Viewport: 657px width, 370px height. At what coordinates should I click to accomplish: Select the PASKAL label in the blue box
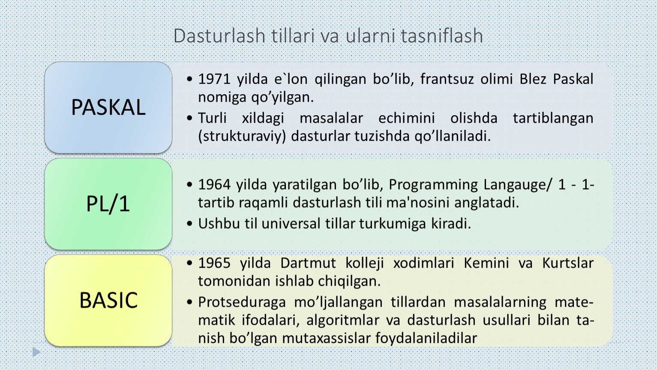[108, 107]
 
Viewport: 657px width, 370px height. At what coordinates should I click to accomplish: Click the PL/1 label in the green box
[108, 204]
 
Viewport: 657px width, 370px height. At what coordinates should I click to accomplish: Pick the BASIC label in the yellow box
[108, 300]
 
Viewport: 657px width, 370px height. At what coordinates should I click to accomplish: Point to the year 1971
[214, 79]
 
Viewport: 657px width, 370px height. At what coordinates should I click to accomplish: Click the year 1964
[214, 185]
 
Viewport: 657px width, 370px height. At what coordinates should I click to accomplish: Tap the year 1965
[215, 263]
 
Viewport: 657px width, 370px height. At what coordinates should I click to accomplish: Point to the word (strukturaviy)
[242, 136]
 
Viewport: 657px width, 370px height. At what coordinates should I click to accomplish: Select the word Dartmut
[308, 263]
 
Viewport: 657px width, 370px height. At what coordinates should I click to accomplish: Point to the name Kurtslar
[568, 263]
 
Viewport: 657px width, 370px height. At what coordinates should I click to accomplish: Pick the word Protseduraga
[242, 303]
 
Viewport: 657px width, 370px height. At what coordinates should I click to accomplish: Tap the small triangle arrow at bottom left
[36, 352]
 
